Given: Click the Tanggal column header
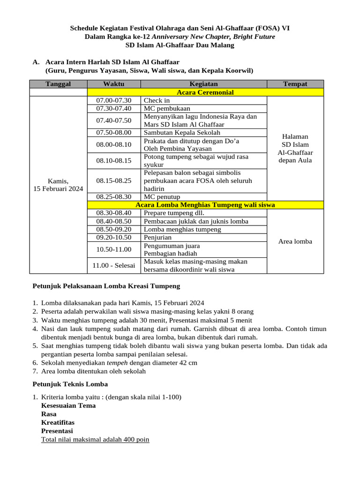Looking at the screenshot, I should [x=58, y=84].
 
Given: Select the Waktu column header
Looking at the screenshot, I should [x=114, y=84].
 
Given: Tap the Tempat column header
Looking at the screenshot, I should [x=295, y=84].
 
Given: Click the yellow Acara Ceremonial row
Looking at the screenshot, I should [x=205, y=92].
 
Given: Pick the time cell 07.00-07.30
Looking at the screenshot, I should [x=114, y=100].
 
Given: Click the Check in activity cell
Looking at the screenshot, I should [x=157, y=100].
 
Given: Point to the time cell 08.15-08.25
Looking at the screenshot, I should [x=114, y=180].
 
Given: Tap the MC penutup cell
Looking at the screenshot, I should [x=162, y=197].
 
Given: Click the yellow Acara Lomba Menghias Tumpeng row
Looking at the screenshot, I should [x=205, y=205].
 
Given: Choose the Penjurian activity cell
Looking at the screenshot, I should [x=157, y=238].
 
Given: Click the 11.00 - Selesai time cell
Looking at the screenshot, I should [x=114, y=265].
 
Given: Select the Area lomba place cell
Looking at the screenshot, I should [x=295, y=241].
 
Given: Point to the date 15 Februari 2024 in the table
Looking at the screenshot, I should [x=58, y=189].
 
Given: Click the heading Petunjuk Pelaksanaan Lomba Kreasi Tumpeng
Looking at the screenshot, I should [x=106, y=286].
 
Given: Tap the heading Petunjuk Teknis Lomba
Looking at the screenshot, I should [x=70, y=384].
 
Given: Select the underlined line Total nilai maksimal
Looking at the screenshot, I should [x=95, y=440].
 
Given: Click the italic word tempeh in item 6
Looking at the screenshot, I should [x=116, y=363].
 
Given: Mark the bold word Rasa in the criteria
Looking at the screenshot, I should [x=49, y=414].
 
